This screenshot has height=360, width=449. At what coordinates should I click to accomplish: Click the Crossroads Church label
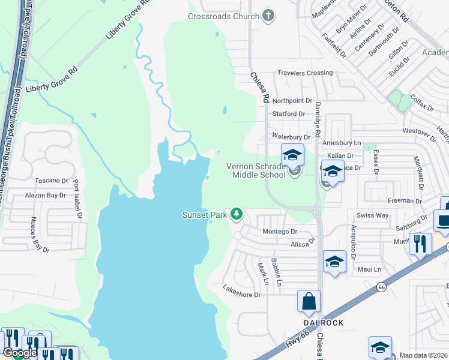pos(223,16)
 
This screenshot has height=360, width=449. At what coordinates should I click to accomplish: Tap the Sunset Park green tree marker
pos(237,214)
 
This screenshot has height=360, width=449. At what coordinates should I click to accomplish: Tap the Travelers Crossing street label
pos(304,73)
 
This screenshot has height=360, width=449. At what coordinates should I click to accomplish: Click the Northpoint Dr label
pos(292,101)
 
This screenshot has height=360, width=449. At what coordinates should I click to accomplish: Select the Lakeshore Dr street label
pos(241,295)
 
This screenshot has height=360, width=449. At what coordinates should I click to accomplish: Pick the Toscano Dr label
pos(50,180)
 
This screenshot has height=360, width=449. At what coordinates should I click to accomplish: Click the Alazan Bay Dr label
pos(45,196)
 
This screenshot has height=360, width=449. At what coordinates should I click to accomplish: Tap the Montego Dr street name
pos(280,232)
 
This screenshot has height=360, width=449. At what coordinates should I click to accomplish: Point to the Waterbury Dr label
pos(291,137)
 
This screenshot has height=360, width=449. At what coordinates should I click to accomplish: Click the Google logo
pos(20,353)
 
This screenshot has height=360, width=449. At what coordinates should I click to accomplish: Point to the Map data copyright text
pos(423,355)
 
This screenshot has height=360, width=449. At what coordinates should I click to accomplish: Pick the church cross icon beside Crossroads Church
pos(268,16)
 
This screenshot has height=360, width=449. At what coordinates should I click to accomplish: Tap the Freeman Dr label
pos(397,200)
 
